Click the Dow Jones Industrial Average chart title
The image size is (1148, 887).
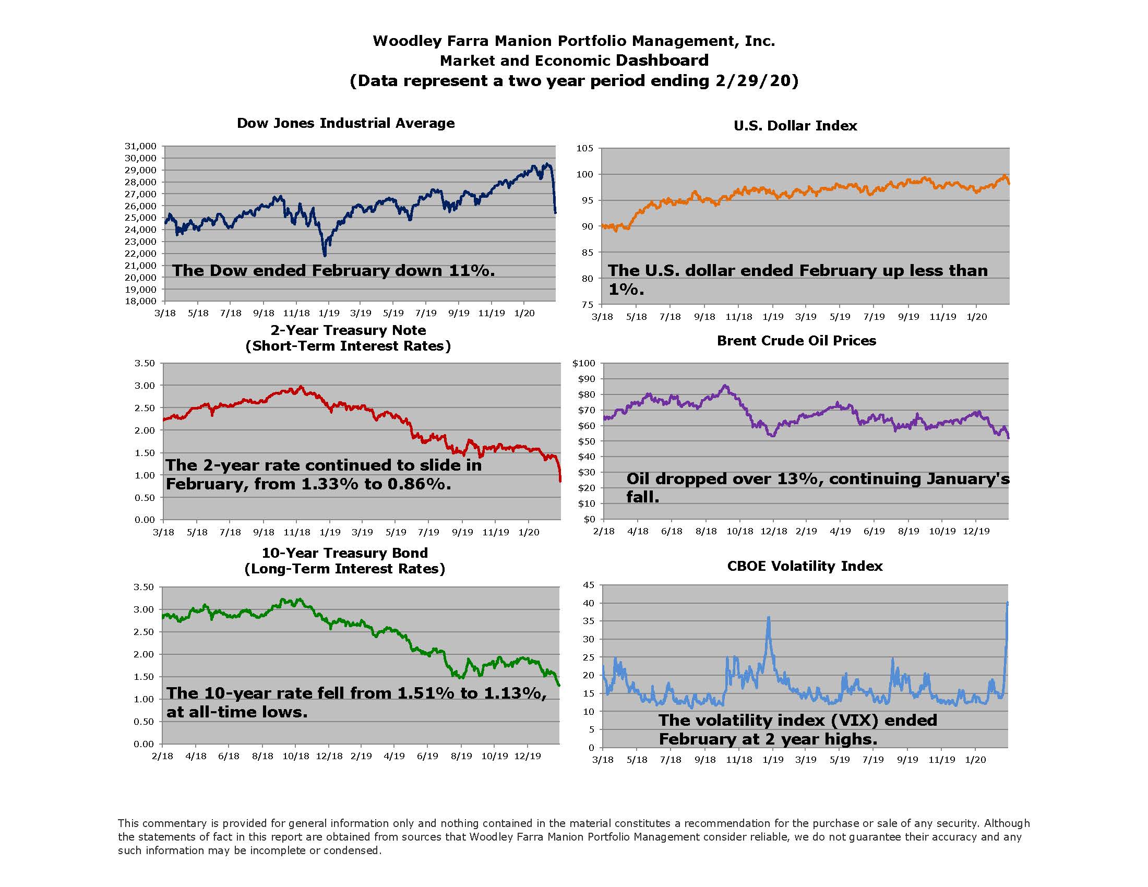coord(345,123)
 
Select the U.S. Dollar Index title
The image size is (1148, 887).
coord(795,126)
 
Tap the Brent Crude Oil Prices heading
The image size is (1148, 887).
coord(796,341)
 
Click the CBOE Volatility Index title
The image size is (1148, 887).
coord(804,566)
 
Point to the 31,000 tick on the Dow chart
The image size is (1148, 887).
coord(140,146)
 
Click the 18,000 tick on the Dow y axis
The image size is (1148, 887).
coord(140,301)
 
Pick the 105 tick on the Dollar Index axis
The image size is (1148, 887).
coord(584,148)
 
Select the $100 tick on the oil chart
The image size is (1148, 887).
coord(583,363)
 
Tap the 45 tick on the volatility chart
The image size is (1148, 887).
coord(589,585)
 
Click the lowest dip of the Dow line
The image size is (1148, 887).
coord(325,255)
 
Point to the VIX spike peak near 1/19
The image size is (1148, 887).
coord(769,618)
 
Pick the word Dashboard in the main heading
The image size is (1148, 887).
coord(662,61)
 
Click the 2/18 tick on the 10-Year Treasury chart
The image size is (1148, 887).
coord(162,756)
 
